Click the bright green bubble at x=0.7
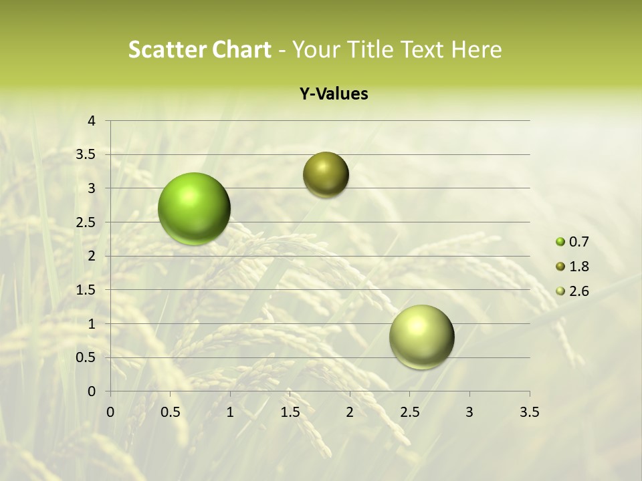(194, 208)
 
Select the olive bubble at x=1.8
(326, 175)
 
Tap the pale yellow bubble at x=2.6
(421, 337)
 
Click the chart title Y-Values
(333, 94)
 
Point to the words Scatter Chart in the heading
(199, 49)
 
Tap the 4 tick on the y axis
(92, 121)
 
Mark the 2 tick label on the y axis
(92, 256)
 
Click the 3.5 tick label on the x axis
(529, 412)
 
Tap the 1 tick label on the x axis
(230, 412)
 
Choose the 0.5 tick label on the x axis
(171, 412)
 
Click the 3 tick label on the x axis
(469, 412)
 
